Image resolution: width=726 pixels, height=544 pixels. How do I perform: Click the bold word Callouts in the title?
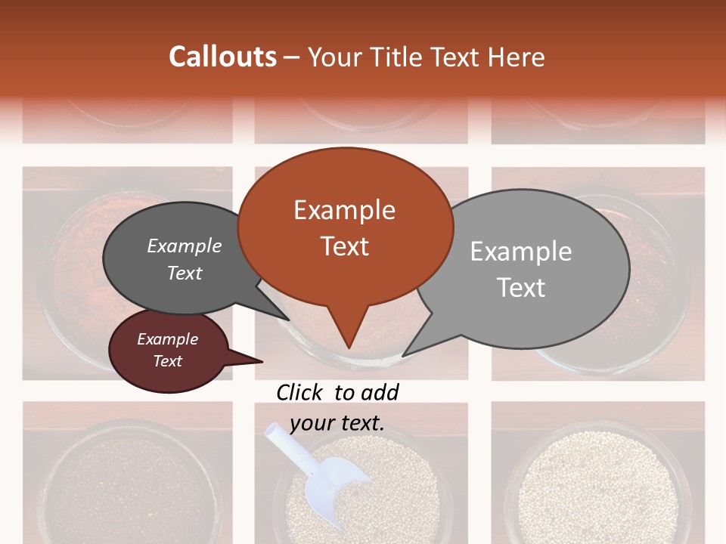[x=222, y=57]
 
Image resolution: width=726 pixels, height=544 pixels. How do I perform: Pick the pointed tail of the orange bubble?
[x=349, y=332]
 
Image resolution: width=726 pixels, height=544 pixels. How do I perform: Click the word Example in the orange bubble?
[x=344, y=210]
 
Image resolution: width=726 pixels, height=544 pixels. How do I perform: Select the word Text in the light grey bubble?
[x=521, y=288]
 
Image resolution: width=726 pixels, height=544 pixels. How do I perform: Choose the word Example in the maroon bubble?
[x=168, y=339]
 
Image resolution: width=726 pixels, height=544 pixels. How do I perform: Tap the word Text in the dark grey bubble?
[x=185, y=273]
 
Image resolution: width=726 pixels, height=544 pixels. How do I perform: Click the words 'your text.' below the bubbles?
[x=337, y=423]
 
